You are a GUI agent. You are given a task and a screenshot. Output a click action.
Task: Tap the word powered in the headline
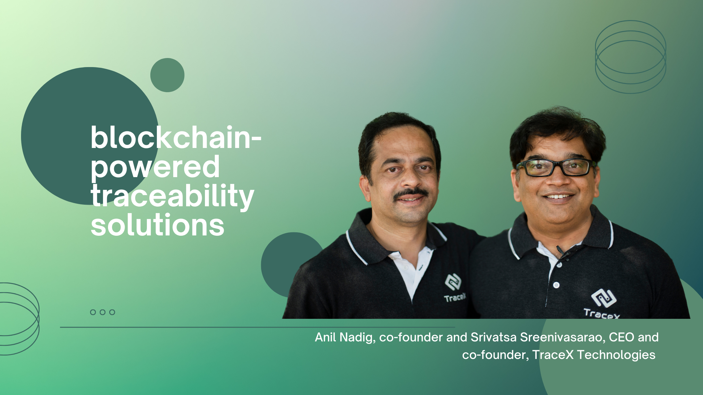155,168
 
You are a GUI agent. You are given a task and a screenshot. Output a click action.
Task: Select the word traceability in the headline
172,196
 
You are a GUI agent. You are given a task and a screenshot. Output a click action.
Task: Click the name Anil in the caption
325,337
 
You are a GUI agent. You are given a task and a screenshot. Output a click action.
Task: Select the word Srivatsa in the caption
493,337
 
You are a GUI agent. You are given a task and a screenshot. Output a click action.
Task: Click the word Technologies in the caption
616,355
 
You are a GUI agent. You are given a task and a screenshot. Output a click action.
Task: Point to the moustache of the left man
411,194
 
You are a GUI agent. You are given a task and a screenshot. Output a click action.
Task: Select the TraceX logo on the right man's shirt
602,304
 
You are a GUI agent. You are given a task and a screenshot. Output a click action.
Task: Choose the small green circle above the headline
167,75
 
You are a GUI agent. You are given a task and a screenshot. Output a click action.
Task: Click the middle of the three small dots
102,312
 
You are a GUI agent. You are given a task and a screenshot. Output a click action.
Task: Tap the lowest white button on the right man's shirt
556,285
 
